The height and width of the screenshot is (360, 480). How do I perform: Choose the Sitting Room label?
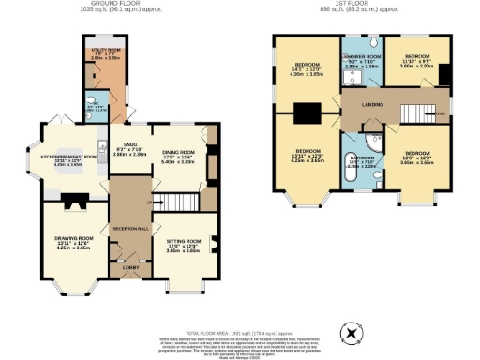(178, 244)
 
